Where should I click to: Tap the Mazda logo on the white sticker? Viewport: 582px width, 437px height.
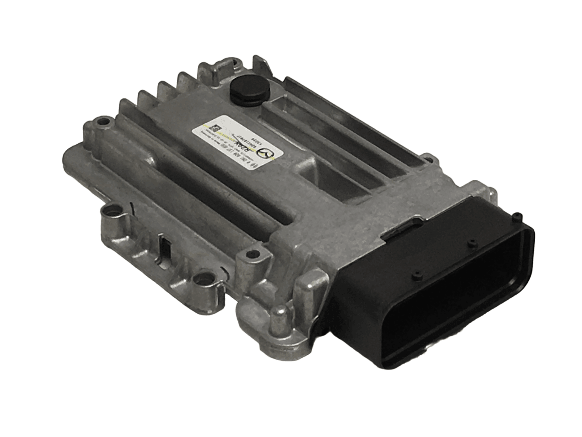click(267, 155)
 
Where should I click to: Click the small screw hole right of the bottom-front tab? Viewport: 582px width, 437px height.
click(249, 255)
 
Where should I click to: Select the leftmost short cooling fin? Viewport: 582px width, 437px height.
click(125, 107)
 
